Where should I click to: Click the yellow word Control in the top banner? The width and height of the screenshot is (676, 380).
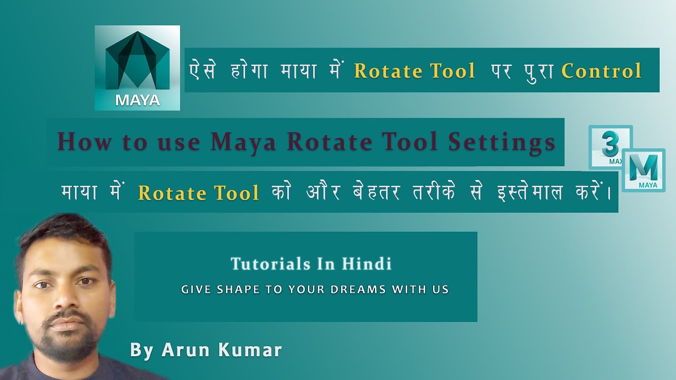tap(602, 71)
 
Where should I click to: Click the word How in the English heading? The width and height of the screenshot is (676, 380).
tap(80, 142)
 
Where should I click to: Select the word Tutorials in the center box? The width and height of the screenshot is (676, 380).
tap(267, 263)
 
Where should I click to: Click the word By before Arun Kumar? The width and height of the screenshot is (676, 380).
tap(142, 350)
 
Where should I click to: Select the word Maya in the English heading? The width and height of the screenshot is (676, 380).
tap(243, 142)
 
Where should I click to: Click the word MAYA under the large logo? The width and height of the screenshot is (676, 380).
tap(137, 100)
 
